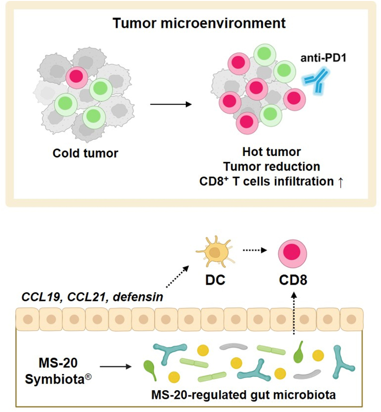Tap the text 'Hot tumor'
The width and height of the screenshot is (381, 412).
[271, 153]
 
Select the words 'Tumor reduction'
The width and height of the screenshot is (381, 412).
[271, 167]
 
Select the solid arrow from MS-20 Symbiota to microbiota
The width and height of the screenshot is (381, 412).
[116, 367]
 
